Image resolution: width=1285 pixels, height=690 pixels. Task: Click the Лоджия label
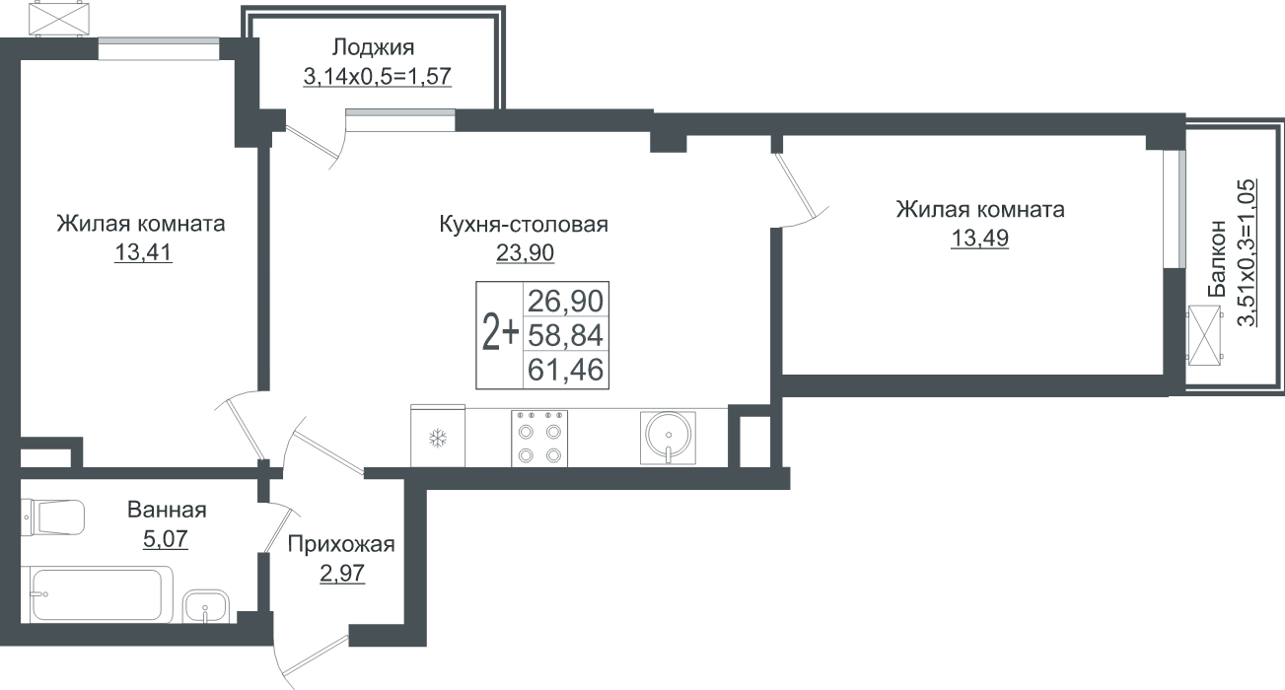[373, 48]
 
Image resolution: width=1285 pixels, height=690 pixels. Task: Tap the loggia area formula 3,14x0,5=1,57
[378, 76]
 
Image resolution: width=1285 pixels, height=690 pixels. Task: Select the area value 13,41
[143, 252]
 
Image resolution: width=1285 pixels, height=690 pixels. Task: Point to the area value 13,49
[980, 238]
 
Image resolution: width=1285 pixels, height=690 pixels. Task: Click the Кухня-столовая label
[524, 225]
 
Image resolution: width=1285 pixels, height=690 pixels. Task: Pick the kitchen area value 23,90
[525, 252]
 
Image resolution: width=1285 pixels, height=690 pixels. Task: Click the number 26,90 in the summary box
[566, 301]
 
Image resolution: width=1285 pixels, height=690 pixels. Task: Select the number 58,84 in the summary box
[566, 335]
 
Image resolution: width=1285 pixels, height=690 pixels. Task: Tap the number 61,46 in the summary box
[566, 370]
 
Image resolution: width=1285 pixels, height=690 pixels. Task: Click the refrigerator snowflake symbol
[438, 439]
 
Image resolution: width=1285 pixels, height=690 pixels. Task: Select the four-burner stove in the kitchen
[539, 439]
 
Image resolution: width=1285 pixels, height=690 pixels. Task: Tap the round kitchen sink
[668, 438]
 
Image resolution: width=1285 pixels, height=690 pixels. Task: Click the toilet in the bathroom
[53, 517]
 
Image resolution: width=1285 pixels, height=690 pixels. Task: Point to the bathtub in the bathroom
[97, 594]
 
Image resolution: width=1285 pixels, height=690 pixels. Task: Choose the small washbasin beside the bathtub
[205, 606]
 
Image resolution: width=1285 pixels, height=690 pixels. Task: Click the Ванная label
[167, 510]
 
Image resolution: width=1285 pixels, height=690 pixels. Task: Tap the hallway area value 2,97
[342, 573]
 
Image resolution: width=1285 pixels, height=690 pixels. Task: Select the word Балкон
[1216, 258]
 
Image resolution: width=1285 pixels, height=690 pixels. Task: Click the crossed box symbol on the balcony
[1204, 335]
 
